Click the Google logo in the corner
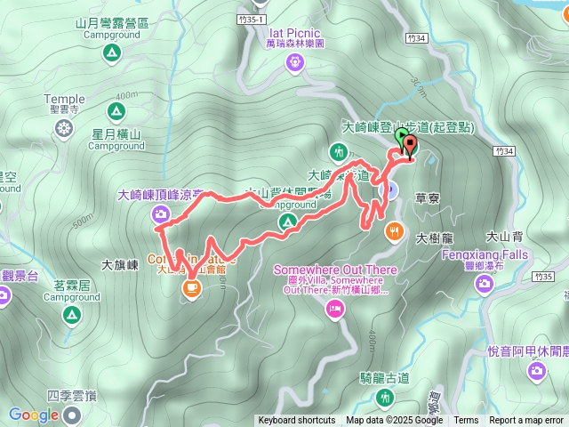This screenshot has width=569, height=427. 34,415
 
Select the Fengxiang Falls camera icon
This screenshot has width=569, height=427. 485,285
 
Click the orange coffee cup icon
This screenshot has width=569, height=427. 191,288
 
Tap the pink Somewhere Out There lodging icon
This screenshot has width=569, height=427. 336,309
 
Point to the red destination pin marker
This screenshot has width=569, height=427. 409,147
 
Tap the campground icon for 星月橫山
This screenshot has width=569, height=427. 115,111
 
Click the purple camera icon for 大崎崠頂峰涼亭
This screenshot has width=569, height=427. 160,213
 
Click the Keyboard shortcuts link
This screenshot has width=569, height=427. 297,421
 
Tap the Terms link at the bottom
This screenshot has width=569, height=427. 466,421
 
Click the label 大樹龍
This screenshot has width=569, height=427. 435,238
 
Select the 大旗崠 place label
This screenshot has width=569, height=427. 120,264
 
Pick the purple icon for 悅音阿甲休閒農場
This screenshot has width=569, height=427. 537,371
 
